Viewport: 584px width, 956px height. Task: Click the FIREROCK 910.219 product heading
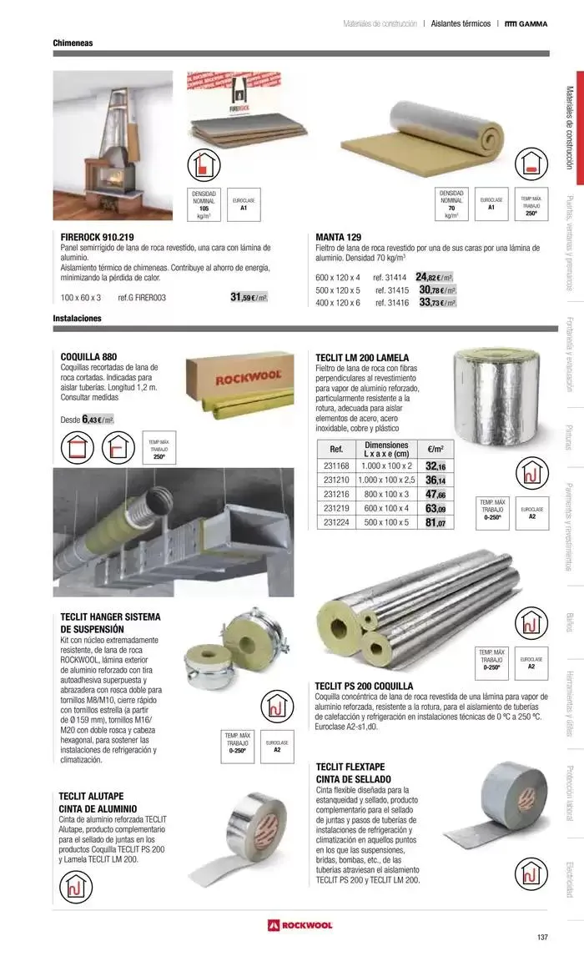click(x=98, y=237)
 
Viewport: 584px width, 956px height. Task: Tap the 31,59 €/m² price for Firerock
click(x=249, y=297)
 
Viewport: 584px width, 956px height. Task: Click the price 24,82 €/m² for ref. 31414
click(x=435, y=277)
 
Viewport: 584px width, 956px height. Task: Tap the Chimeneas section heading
click(x=73, y=42)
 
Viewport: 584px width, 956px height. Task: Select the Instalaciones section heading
click(x=77, y=319)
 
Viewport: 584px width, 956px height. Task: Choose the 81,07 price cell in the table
click(x=435, y=523)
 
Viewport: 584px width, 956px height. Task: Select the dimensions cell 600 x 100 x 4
click(x=386, y=509)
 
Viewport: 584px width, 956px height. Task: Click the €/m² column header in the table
click(x=435, y=448)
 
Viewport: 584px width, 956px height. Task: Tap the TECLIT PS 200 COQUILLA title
click(x=364, y=686)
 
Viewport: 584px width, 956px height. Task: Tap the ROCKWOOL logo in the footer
click(x=300, y=925)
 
